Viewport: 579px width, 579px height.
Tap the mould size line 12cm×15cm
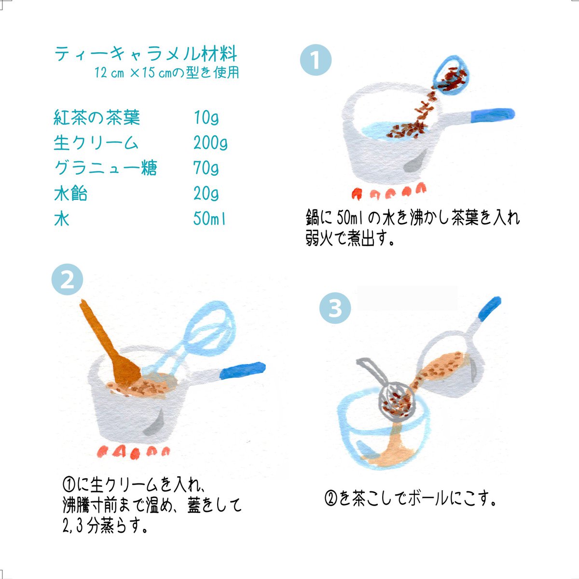click(x=167, y=73)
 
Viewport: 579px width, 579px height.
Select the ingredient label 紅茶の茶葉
click(x=97, y=117)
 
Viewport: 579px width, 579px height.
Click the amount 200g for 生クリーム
click(x=210, y=143)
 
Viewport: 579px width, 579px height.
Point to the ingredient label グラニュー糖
click(x=105, y=168)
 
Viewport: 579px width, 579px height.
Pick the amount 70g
click(x=206, y=168)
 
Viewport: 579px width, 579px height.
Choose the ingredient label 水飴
click(x=70, y=194)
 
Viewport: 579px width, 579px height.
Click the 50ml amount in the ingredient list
click(x=209, y=219)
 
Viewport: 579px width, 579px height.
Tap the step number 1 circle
click(x=316, y=60)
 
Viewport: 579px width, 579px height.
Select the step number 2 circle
click(x=67, y=280)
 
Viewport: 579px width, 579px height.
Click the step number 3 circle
click(x=335, y=308)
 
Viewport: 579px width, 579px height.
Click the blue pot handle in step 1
click(x=492, y=114)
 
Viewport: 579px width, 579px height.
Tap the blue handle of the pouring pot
click(x=488, y=309)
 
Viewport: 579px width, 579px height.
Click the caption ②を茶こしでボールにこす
click(x=411, y=498)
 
